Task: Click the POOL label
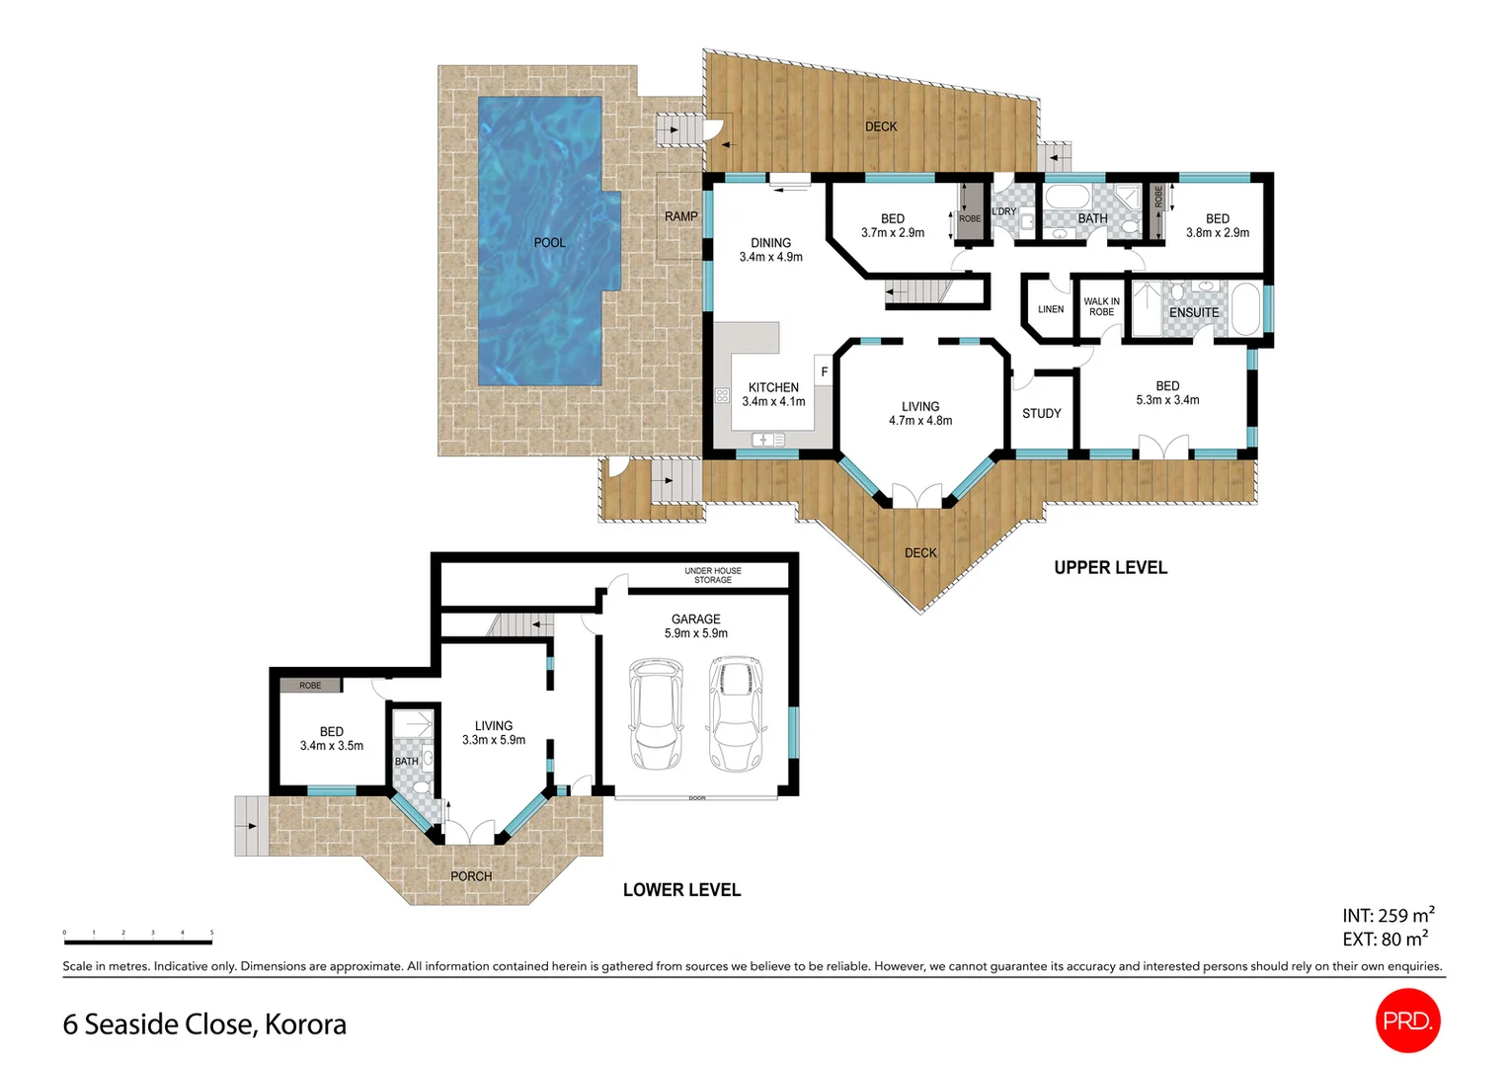click(x=549, y=242)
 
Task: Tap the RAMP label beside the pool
click(x=680, y=216)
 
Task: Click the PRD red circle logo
click(x=1407, y=1021)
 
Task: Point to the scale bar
click(x=138, y=942)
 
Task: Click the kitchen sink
click(x=767, y=440)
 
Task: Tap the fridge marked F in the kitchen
click(x=824, y=371)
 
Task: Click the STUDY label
click(x=1041, y=413)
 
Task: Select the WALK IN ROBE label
click(x=1101, y=306)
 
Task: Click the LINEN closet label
click(x=1051, y=309)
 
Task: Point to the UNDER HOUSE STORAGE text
click(x=712, y=575)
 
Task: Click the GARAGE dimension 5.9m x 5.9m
click(x=695, y=633)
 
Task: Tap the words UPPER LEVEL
click(x=1110, y=567)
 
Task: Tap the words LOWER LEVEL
click(x=681, y=889)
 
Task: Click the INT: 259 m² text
click(x=1388, y=915)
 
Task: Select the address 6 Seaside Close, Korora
click(x=204, y=1024)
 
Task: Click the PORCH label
click(x=471, y=875)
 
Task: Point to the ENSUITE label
click(x=1193, y=312)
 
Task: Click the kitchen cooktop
click(x=722, y=396)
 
